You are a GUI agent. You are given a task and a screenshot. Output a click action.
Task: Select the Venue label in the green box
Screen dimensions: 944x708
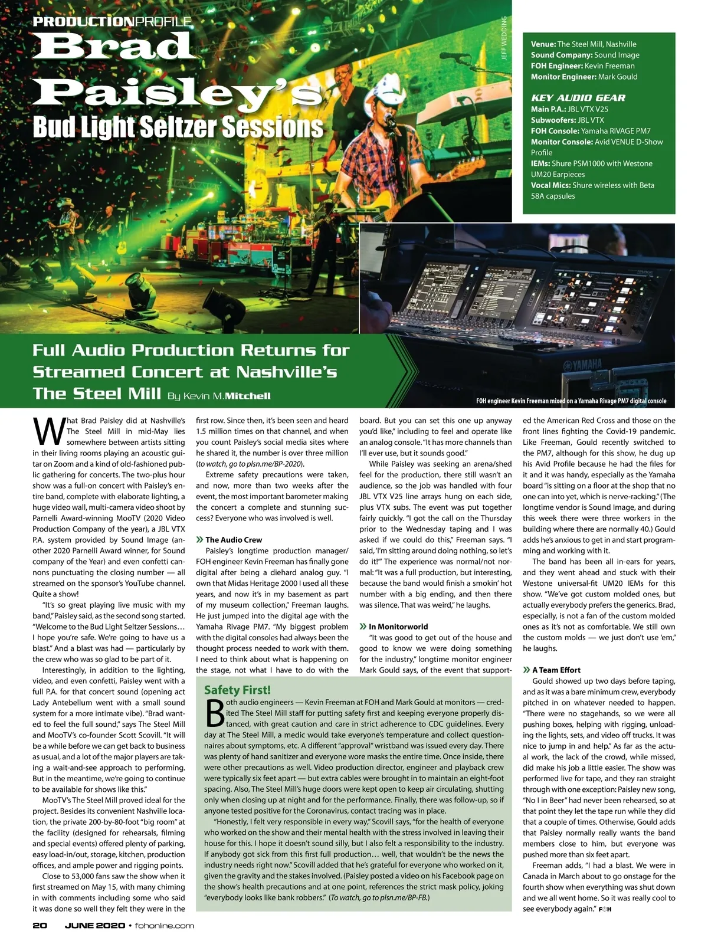[x=543, y=44]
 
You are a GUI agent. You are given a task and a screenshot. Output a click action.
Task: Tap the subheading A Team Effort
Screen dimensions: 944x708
[x=556, y=670]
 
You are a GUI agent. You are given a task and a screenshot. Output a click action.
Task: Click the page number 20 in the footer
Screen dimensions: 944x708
[x=40, y=925]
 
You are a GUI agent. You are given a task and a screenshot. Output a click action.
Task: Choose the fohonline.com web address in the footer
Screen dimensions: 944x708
[x=165, y=925]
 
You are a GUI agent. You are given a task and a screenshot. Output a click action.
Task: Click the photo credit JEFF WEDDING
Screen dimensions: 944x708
[x=503, y=38]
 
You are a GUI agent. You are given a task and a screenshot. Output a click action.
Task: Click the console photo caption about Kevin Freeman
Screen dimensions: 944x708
[x=571, y=401]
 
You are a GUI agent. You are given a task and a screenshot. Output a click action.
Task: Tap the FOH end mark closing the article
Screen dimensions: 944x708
[x=604, y=909]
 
